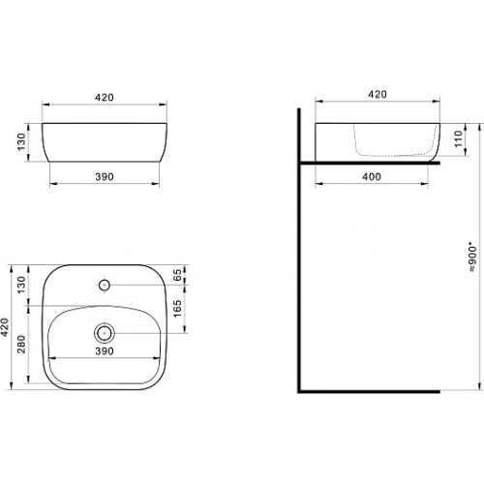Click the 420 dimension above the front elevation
point(105,97)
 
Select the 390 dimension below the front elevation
point(105,177)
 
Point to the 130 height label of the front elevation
point(21,141)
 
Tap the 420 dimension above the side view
point(378,94)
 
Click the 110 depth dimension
point(458,138)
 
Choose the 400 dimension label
point(372,177)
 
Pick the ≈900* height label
point(472,259)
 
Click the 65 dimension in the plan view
point(177,275)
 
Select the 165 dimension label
point(177,309)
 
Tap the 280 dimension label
point(21,344)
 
